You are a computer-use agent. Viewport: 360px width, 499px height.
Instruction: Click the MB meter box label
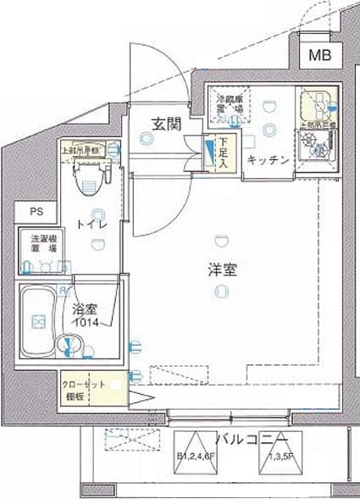(x=319, y=57)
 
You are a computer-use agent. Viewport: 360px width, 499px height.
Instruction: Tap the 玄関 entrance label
(x=166, y=124)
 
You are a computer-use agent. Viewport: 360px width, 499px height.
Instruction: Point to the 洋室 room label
(x=223, y=270)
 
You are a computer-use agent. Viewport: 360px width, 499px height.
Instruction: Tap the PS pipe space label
(x=35, y=212)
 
